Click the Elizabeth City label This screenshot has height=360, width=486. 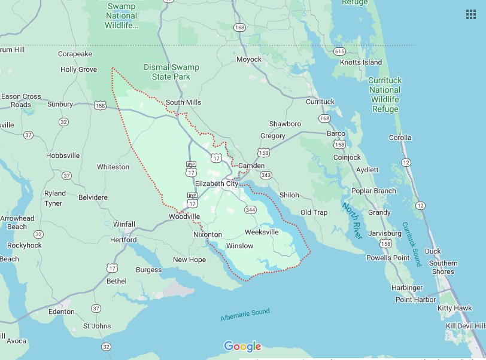point(216,184)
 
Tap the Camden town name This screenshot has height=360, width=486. point(251,165)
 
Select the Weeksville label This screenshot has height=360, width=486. point(262,231)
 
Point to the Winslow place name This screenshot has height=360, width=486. point(239,246)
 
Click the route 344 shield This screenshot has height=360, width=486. point(250,209)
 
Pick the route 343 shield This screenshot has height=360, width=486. point(266,175)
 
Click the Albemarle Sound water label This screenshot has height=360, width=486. point(245,314)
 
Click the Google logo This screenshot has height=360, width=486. point(242,346)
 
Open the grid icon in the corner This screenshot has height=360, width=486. point(470,16)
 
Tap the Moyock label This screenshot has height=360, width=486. point(249,60)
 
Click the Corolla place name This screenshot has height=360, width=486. point(400,138)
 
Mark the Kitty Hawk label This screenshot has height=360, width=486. point(454,308)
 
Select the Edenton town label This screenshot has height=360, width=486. point(62,312)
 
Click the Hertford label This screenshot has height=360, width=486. point(124,240)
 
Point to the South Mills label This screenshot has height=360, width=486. point(183,102)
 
